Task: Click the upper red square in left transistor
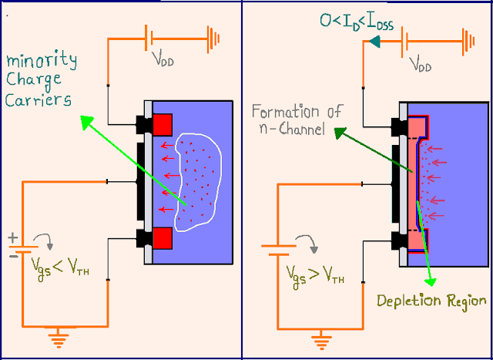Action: [163, 123]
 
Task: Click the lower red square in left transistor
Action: [163, 239]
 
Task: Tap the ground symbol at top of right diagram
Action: [467, 39]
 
